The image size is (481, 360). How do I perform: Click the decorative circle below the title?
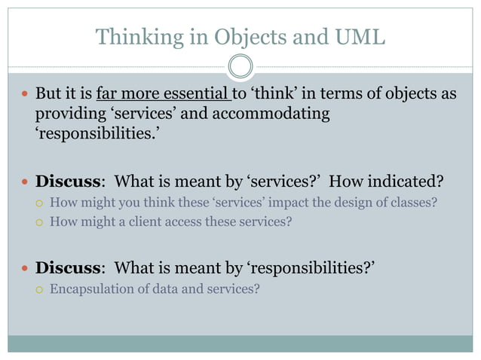(x=240, y=67)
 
